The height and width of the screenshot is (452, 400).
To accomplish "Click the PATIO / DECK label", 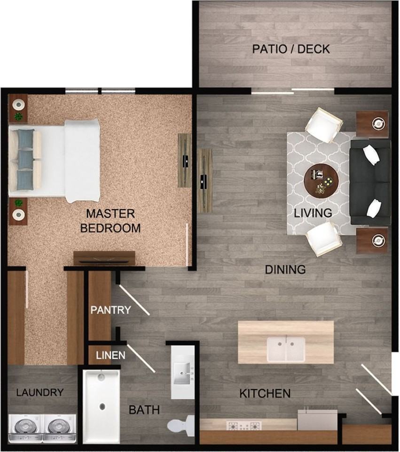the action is tap(291, 49).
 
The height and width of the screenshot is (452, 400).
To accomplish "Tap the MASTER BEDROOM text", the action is tap(110, 221).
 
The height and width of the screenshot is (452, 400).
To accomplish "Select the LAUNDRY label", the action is tap(40, 392).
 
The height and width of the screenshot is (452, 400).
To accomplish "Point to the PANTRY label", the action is tap(111, 310).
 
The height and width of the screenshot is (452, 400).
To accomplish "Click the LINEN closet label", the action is tap(111, 355).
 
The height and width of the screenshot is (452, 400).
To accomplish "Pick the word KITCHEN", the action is tap(265, 394).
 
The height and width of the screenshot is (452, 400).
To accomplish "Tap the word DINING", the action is tap(285, 270).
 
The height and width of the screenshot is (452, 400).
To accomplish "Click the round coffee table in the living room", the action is tap(321, 181).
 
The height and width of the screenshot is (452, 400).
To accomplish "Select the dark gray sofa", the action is tap(370, 182).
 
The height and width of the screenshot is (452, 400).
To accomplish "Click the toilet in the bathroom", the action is tap(181, 424).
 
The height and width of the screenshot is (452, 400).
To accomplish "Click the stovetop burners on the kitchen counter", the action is tap(244, 426).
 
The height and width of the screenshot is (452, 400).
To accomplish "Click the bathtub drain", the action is tap(102, 406).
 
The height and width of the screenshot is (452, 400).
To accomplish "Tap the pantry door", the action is tap(134, 300).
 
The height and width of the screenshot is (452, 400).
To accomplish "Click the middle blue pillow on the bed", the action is tap(25, 159).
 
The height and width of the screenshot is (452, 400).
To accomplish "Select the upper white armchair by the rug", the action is tap(324, 125).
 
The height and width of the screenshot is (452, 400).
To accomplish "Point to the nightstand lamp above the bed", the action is tap(18, 104).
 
